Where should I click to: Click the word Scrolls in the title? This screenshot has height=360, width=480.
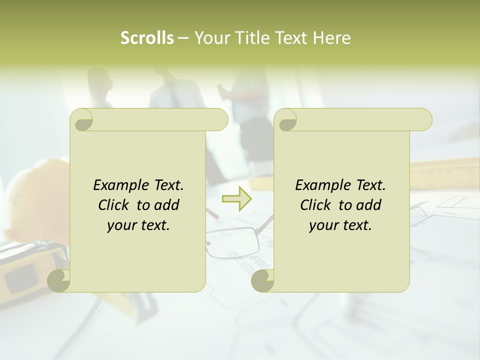(147, 38)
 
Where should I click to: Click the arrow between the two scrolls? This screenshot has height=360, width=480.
(237, 198)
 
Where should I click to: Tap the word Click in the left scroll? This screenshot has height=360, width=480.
(114, 205)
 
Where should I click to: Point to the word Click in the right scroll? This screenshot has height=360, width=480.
(316, 205)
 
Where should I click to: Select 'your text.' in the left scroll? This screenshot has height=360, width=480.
(138, 225)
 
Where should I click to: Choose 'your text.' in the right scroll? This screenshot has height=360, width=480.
(340, 225)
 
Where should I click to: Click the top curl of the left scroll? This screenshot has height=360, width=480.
(82, 120)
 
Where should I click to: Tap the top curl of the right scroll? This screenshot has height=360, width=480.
(286, 120)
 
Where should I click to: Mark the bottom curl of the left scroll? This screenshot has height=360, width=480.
(59, 280)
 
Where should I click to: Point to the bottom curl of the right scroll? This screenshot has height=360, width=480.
(262, 280)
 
